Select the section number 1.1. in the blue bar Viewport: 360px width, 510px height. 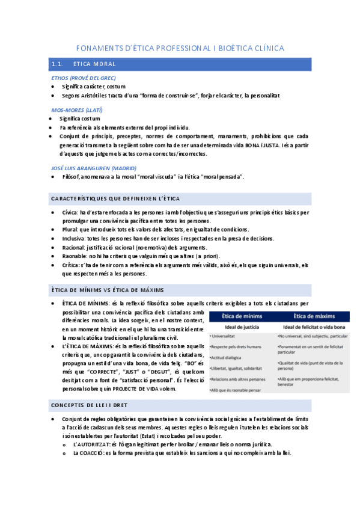pyautogui.click(x=58, y=64)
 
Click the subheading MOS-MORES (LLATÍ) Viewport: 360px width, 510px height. pyautogui.click(x=76, y=110)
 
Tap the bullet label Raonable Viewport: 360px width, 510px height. pyautogui.click(x=75, y=256)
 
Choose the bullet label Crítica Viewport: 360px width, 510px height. pyautogui.click(x=72, y=265)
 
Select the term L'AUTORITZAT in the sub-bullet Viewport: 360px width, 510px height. pyautogui.click(x=90, y=444)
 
